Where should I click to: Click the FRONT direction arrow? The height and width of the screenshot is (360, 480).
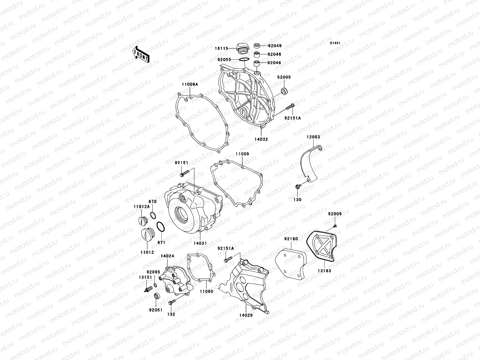(x=141, y=54)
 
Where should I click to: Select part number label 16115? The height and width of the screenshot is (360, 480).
(x=221, y=48)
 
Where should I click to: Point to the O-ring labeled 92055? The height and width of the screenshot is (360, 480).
(x=244, y=60)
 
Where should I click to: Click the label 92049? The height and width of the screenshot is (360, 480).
(x=275, y=46)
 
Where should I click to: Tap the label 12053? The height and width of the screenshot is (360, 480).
(x=313, y=137)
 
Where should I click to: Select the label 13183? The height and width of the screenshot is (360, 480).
(x=324, y=271)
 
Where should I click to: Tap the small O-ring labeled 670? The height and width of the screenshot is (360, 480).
(x=153, y=215)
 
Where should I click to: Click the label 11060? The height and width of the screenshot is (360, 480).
(x=207, y=291)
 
